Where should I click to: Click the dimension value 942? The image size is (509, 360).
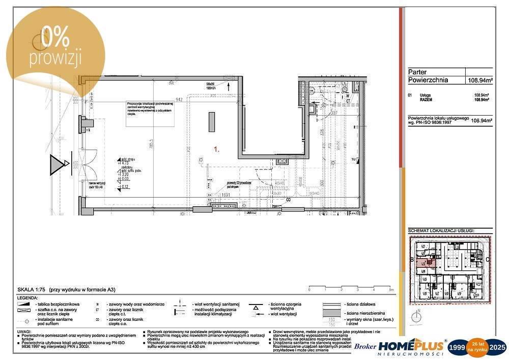click(179, 99)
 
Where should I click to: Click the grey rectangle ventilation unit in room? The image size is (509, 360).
click(212, 122)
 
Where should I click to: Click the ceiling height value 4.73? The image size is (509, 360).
click(125, 164)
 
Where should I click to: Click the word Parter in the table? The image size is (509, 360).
click(418, 72)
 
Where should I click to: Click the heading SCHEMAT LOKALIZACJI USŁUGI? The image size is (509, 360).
click(441, 231)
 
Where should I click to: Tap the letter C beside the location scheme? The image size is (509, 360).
click(488, 260)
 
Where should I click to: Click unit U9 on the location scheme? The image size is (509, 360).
click(459, 294)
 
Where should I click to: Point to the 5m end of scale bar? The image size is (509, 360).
click(390, 290)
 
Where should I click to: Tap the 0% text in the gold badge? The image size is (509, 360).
click(55, 37)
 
